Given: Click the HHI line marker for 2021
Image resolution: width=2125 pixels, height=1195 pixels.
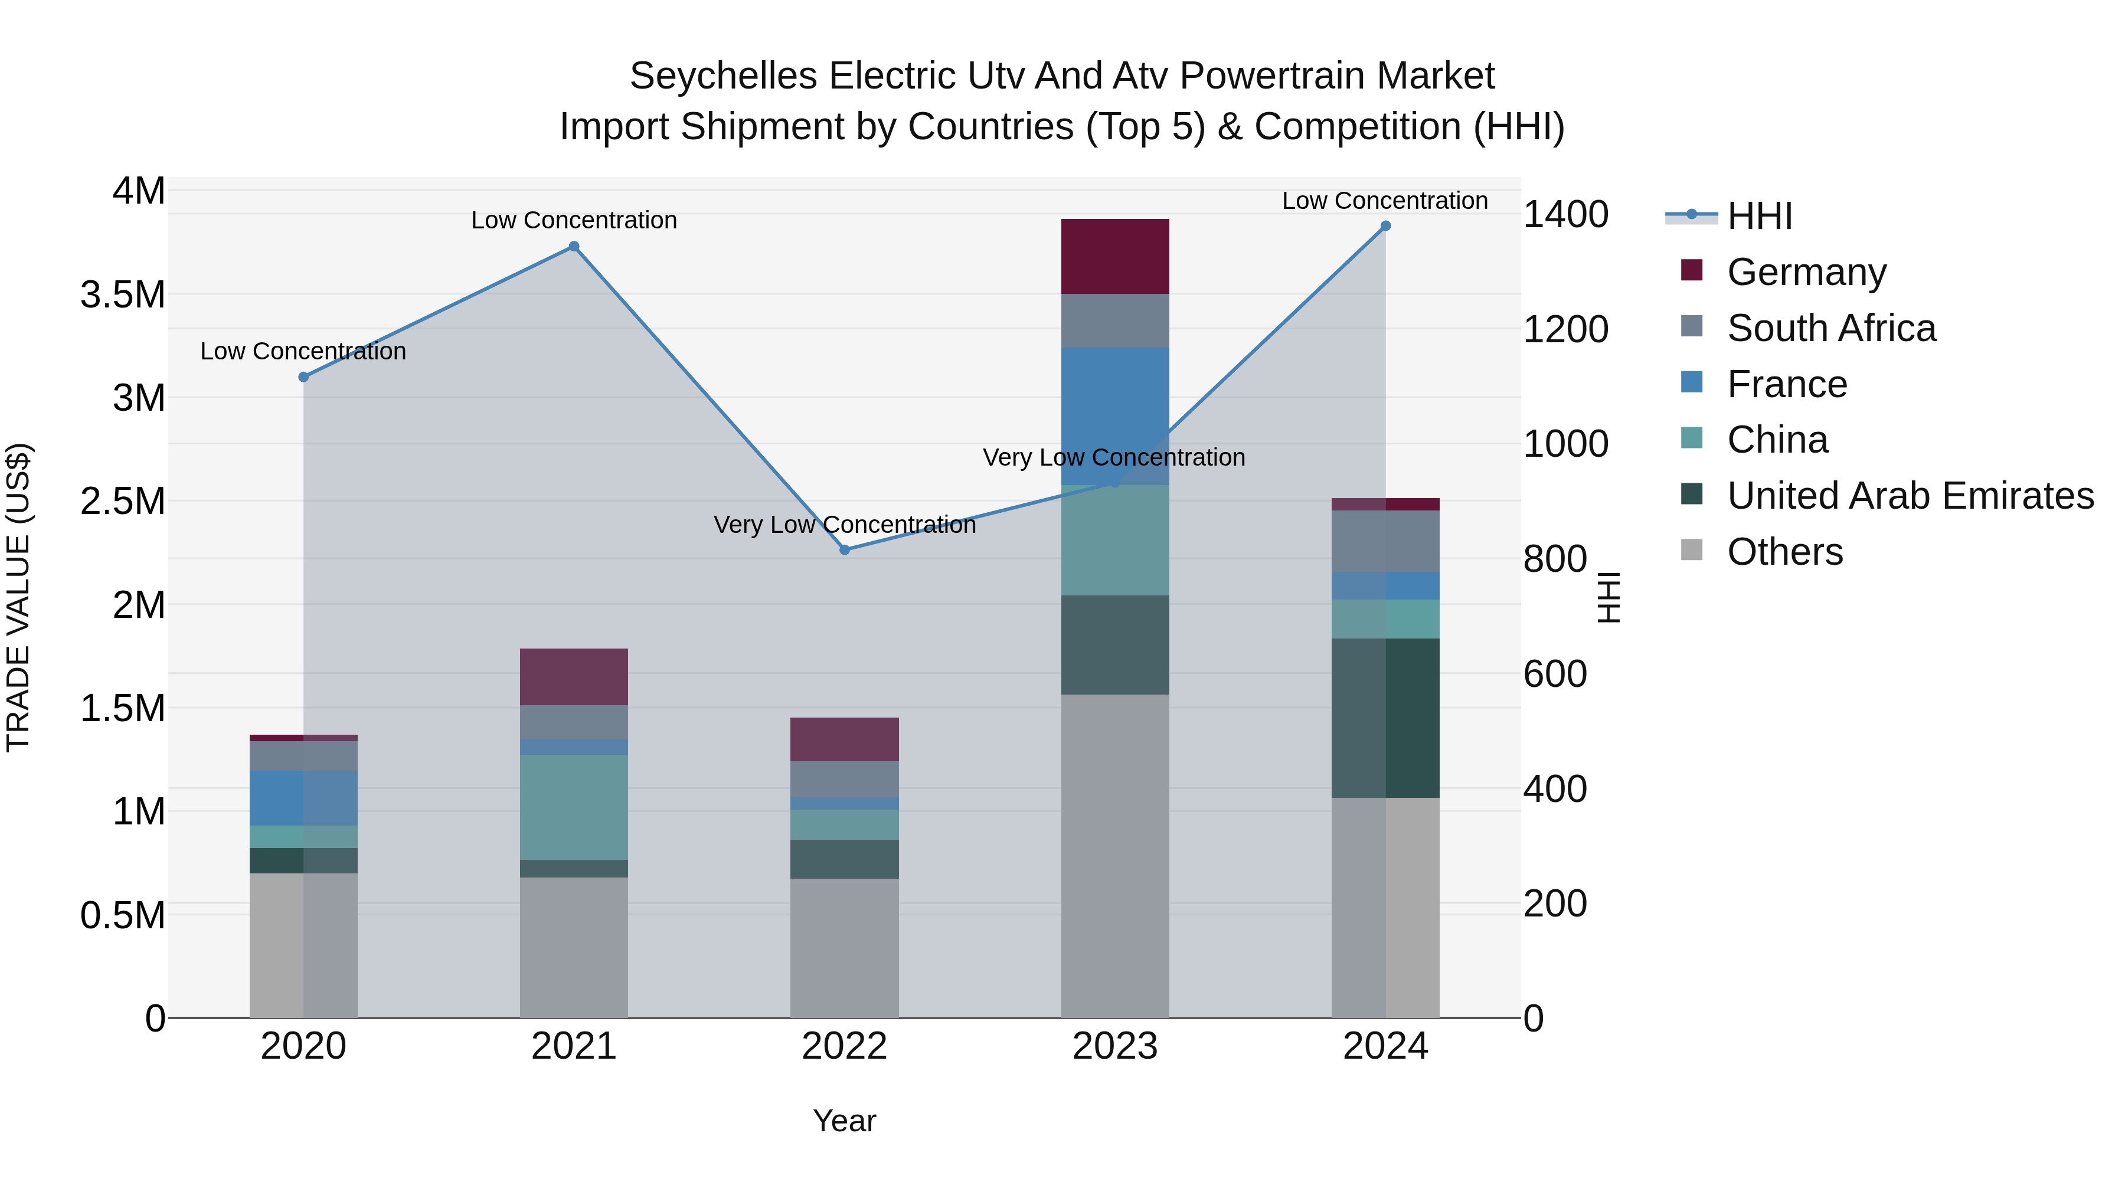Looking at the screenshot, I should click(574, 247).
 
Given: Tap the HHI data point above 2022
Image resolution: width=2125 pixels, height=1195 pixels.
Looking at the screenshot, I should click(845, 550).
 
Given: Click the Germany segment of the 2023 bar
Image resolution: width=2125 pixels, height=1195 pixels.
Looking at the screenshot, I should click(1114, 257).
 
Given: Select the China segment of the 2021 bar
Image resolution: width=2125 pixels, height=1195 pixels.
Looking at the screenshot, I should click(574, 807).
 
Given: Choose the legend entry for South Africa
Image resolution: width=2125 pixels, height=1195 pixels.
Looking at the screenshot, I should click(1830, 328).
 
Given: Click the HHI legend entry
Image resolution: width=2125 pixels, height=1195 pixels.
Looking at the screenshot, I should click(1759, 216).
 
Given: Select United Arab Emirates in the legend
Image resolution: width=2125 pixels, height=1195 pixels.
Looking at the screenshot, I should click(1910, 496).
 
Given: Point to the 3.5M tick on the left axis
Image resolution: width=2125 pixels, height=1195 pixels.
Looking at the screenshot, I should click(123, 294).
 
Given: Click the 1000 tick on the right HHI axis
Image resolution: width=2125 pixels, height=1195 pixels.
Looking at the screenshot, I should click(1565, 444).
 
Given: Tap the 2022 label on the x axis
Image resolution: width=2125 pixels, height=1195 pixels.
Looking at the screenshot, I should click(845, 1046).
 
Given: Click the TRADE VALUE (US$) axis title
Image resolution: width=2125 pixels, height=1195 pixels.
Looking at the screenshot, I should click(18, 597).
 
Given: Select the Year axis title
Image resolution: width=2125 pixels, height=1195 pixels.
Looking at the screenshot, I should click(845, 1121).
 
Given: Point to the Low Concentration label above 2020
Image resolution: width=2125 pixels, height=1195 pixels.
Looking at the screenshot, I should click(303, 351).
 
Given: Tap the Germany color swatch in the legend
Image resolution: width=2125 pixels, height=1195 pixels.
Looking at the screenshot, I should click(1691, 270).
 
